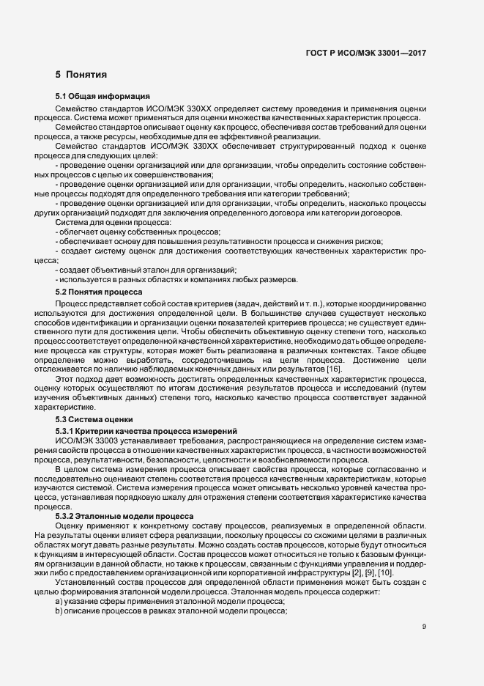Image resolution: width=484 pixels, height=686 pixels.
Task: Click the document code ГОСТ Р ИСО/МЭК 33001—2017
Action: [365, 53]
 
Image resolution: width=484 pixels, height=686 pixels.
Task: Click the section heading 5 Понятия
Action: [81, 75]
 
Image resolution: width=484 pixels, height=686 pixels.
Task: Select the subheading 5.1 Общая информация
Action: [103, 97]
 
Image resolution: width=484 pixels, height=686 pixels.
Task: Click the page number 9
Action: [424, 627]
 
